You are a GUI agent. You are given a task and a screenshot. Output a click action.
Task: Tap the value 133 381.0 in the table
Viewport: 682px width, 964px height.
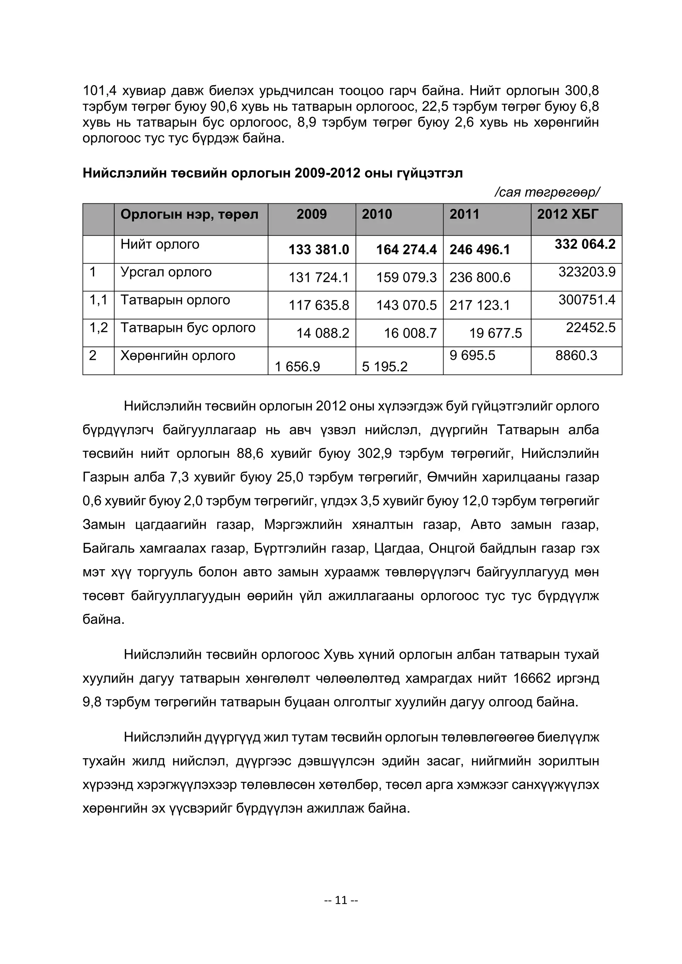(x=318, y=250)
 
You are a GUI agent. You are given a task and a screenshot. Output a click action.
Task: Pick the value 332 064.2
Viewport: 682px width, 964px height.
(x=584, y=244)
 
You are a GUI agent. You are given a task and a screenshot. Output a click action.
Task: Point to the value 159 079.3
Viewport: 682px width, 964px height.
(x=406, y=278)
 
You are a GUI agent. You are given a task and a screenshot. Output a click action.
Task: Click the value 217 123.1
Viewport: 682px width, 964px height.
(x=480, y=305)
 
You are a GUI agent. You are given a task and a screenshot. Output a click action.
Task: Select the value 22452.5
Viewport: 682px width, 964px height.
(x=590, y=328)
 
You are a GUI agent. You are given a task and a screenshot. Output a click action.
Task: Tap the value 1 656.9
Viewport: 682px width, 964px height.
(x=297, y=367)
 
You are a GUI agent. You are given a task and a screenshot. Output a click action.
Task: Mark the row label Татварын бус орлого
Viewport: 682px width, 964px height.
(x=188, y=328)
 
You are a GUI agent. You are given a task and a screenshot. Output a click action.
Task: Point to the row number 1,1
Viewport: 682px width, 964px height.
(x=98, y=300)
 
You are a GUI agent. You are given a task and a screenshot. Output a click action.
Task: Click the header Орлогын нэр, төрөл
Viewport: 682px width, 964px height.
(x=189, y=215)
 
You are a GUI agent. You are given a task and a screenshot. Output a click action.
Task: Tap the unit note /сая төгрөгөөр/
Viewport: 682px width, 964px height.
(x=547, y=192)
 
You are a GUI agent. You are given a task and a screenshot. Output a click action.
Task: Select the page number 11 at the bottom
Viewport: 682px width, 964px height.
(x=341, y=900)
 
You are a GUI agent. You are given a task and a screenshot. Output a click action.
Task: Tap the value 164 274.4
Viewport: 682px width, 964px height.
(x=406, y=250)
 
